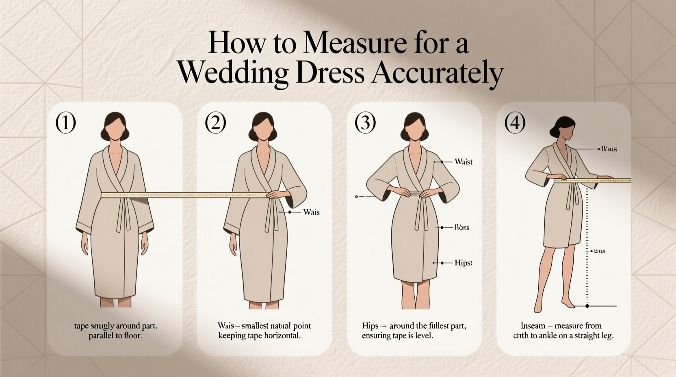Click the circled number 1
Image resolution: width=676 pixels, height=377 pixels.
(x=65, y=123)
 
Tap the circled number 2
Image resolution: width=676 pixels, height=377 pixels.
(x=215, y=123)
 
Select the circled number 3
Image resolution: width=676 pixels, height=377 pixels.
(x=365, y=123)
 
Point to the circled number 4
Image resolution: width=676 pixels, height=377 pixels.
(x=515, y=123)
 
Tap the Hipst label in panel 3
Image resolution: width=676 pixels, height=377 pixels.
(x=463, y=263)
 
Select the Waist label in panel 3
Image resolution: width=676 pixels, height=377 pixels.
(x=464, y=162)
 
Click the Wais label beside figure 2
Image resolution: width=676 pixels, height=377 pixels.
(x=311, y=212)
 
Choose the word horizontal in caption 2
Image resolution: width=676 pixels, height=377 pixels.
(x=281, y=336)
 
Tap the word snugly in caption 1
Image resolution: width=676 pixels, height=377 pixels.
(x=101, y=326)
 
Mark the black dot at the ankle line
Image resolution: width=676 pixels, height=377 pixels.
(x=587, y=306)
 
